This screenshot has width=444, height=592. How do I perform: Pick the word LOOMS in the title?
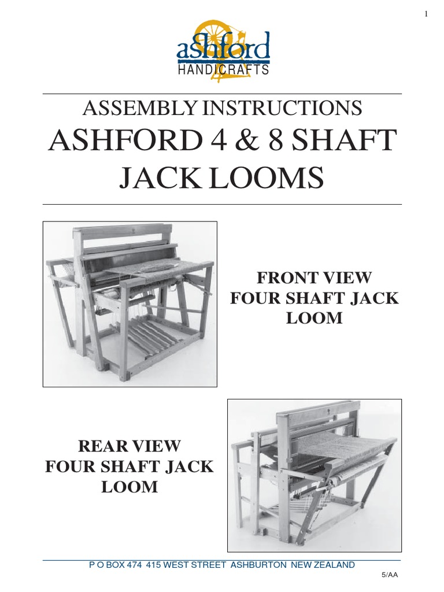(x=274, y=179)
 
